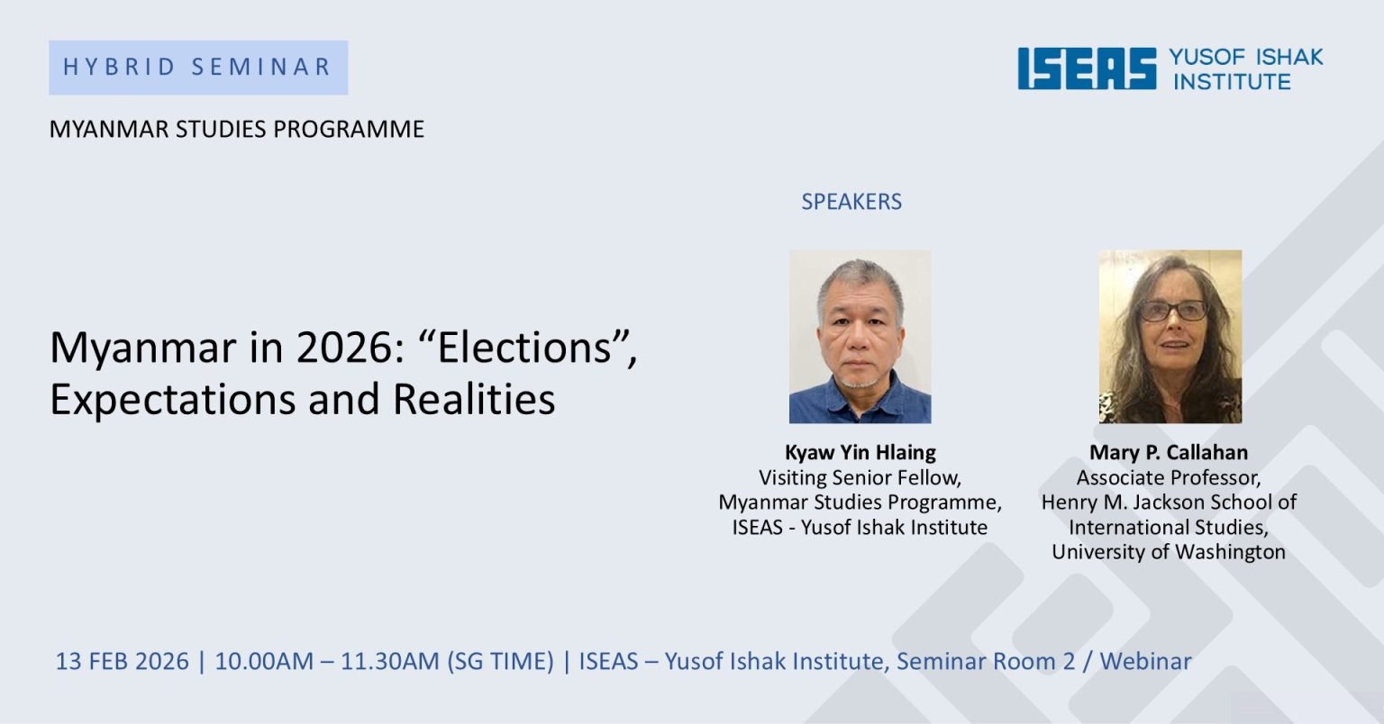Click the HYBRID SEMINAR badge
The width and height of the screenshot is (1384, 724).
click(198, 68)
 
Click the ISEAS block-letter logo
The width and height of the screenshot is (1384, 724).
click(1087, 68)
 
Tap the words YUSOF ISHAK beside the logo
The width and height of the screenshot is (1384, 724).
click(1245, 57)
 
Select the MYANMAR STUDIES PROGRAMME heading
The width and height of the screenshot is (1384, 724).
click(236, 130)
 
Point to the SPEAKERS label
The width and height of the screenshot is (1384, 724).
click(851, 202)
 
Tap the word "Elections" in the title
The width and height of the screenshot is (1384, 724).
click(524, 348)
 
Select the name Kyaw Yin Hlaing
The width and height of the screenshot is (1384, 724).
click(860, 452)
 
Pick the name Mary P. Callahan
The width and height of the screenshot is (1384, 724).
click(1169, 452)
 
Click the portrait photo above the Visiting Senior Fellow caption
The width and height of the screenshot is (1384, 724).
click(860, 336)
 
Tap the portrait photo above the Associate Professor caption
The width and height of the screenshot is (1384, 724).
click(1170, 336)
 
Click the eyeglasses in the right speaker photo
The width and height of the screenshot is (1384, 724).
click(1173, 311)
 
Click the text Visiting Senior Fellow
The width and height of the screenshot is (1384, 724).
click(860, 477)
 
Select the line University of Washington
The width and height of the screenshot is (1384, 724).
click(1169, 552)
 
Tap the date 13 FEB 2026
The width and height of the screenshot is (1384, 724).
click(123, 662)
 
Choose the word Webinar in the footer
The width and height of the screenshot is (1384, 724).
click(1145, 662)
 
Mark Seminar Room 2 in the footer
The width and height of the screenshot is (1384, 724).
click(986, 662)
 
